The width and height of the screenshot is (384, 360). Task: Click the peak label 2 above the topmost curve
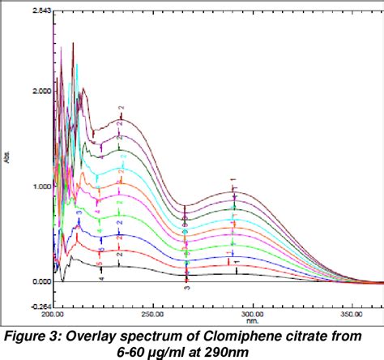click(121, 108)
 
